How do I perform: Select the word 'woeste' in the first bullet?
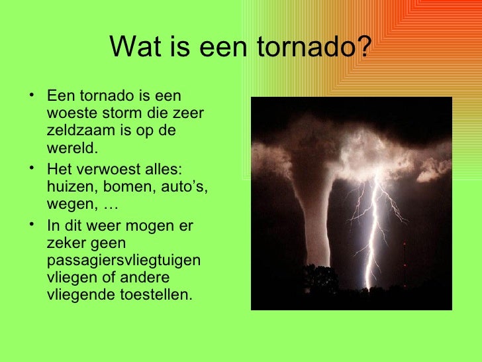(70, 113)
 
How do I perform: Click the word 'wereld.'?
(68, 147)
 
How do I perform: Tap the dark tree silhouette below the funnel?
(320, 282)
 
